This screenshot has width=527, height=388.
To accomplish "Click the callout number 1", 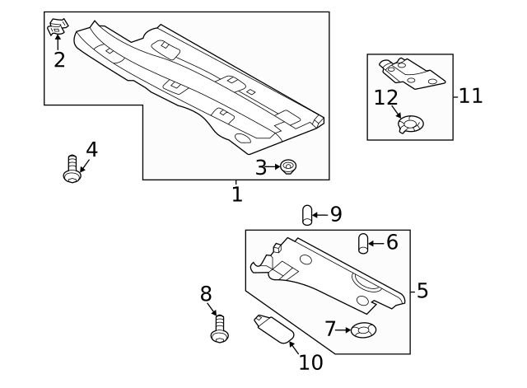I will click(236, 194).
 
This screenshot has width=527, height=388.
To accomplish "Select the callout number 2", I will click(59, 59).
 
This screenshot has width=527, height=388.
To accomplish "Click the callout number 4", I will click(91, 149).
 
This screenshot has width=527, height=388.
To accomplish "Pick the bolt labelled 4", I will click(72, 170).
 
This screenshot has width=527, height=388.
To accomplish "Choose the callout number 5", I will click(422, 290).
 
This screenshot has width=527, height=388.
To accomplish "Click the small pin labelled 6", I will click(361, 244).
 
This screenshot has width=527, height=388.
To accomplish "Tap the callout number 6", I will click(391, 242).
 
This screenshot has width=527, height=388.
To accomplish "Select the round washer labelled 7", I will click(362, 331).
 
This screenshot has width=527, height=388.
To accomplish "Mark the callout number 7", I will click(330, 330).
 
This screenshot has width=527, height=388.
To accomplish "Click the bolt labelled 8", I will click(219, 330).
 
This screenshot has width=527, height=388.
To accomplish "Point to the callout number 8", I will click(206, 293).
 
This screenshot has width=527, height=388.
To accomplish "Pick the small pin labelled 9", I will click(307, 216).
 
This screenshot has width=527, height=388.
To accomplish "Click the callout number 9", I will click(335, 215).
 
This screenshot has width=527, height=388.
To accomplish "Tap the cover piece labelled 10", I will click(272, 330).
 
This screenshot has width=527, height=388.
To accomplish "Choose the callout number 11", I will click(470, 96).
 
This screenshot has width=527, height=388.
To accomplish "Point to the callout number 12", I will click(385, 98).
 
